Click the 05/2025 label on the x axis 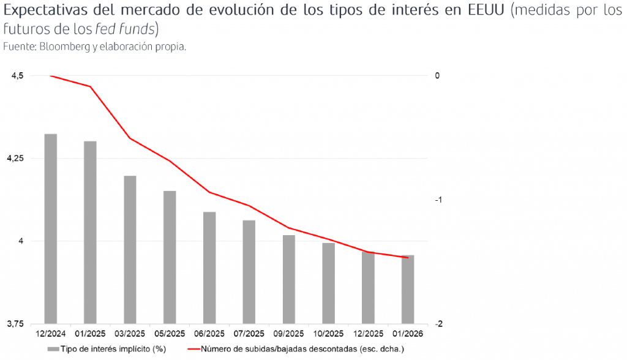point(170,334)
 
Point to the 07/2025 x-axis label point(249,334)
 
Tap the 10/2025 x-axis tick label point(328,334)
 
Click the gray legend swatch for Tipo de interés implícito point(53,348)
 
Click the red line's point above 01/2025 point(91,86)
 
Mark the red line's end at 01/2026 point(408,258)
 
